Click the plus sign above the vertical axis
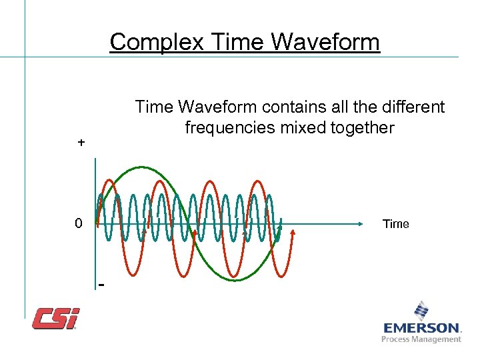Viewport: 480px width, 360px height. click(x=81, y=143)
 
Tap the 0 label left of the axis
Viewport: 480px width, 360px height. click(x=79, y=223)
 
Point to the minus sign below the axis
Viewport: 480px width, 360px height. click(x=101, y=285)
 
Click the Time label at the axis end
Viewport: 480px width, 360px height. click(x=395, y=224)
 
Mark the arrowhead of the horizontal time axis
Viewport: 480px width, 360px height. click(x=369, y=223)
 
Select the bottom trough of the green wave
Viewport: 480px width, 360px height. click(x=235, y=280)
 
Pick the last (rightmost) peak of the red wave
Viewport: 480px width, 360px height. click(x=257, y=180)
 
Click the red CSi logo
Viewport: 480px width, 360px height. click(x=56, y=318)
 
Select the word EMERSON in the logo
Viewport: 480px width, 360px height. click(x=421, y=328)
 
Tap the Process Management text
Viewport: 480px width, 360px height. click(x=421, y=339)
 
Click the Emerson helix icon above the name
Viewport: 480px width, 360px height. click(x=421, y=311)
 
